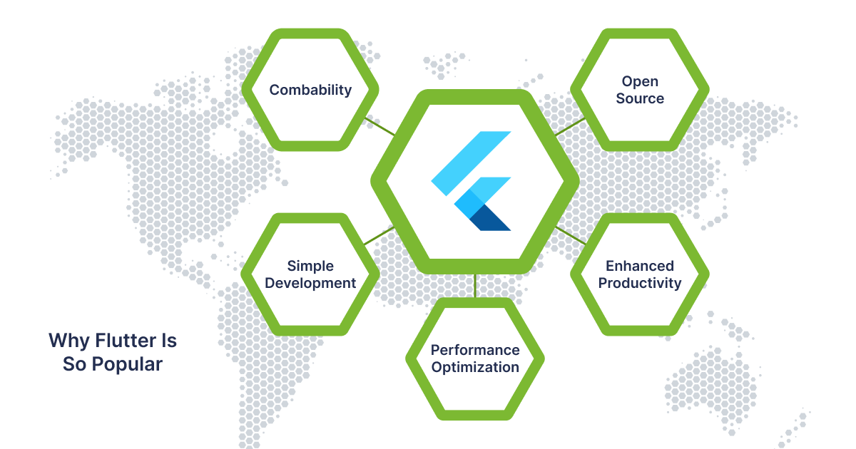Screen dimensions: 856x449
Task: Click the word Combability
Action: pos(310,90)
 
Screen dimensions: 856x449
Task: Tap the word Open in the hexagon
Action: pos(640,82)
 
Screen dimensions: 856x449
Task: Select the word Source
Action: pos(640,98)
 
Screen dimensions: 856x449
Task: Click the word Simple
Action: pos(310,267)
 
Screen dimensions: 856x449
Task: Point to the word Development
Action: pos(310,284)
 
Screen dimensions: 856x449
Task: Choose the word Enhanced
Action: pos(640,266)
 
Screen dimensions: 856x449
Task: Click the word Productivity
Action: pos(640,284)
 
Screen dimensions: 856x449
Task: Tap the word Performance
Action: pos(475,350)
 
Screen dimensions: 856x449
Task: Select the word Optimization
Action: pos(475,368)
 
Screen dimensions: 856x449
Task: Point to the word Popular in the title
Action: pos(127,365)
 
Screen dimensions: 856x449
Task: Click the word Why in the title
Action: pos(69,341)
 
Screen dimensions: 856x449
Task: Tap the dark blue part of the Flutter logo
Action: pos(490,217)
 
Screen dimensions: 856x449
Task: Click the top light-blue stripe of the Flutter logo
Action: pos(472,163)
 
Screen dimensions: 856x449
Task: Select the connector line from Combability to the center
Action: pos(379,126)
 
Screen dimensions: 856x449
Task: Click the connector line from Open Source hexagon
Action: pos(570,127)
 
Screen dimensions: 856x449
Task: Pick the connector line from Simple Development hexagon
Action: pos(379,236)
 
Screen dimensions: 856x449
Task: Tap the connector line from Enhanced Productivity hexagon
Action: pos(571,236)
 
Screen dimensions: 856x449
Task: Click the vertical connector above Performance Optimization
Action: pos(475,286)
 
